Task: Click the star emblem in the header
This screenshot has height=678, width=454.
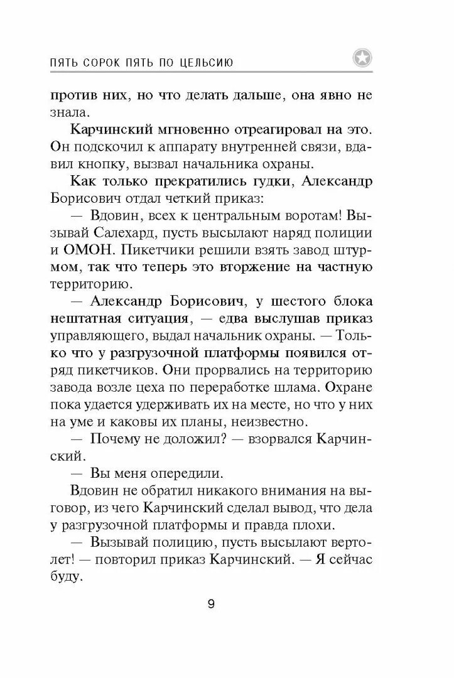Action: [362, 58]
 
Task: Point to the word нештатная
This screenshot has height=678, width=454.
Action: [84, 317]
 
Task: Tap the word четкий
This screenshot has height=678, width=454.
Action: [195, 198]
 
